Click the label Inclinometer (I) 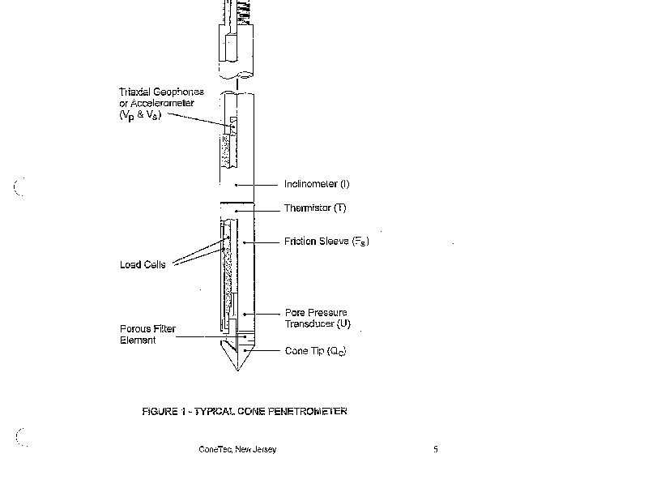[316, 184]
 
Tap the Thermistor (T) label [314, 208]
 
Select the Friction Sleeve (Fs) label [326, 242]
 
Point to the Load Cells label [142, 265]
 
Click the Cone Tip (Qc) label [315, 351]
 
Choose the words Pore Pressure [315, 312]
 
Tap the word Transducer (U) [317, 323]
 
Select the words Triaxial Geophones [160, 92]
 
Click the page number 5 [435, 450]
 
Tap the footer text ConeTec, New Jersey [237, 450]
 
